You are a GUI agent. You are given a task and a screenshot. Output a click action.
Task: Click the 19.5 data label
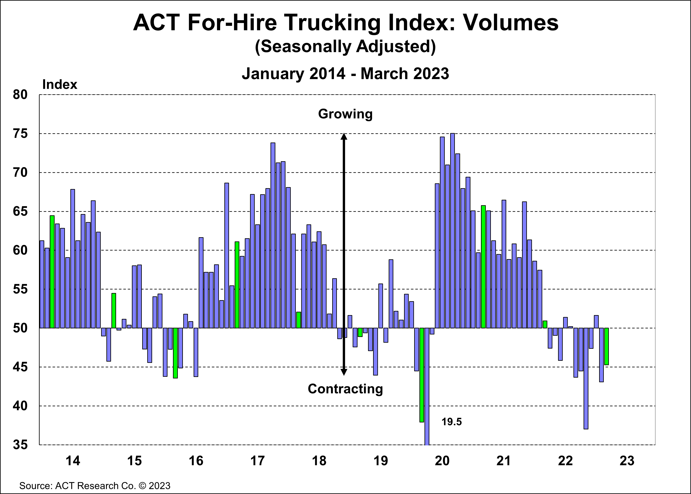[x=451, y=422]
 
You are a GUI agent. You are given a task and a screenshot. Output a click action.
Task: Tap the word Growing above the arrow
[x=345, y=114]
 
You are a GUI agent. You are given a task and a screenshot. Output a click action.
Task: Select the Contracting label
[x=345, y=389]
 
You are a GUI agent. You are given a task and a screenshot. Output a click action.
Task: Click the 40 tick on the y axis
[x=20, y=406]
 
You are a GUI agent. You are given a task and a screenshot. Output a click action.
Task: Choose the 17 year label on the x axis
[x=257, y=461]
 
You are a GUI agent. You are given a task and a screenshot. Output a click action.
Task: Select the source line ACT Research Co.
[x=95, y=486]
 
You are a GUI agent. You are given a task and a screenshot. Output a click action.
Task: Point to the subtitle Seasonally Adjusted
[x=345, y=47]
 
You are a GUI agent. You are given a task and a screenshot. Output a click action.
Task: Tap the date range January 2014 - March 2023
[x=345, y=74]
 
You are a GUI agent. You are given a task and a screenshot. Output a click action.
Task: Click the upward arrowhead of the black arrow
[x=344, y=137]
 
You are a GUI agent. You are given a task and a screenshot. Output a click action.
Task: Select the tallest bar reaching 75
[x=452, y=231]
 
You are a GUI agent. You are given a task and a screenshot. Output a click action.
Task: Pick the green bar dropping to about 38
[x=422, y=375]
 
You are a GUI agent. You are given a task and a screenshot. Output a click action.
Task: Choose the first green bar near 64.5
[x=52, y=272]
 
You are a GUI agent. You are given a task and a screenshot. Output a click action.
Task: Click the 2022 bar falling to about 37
[x=586, y=378]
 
